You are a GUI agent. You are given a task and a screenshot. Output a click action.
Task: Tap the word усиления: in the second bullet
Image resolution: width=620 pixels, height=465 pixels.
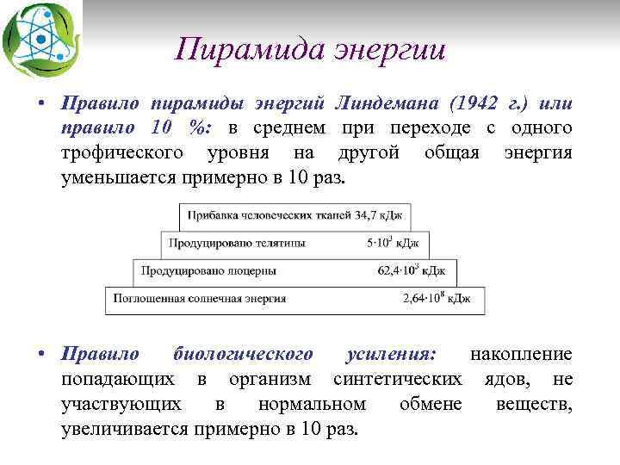click(390, 354)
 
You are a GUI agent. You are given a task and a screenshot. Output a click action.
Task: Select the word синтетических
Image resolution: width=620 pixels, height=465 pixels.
click(397, 379)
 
